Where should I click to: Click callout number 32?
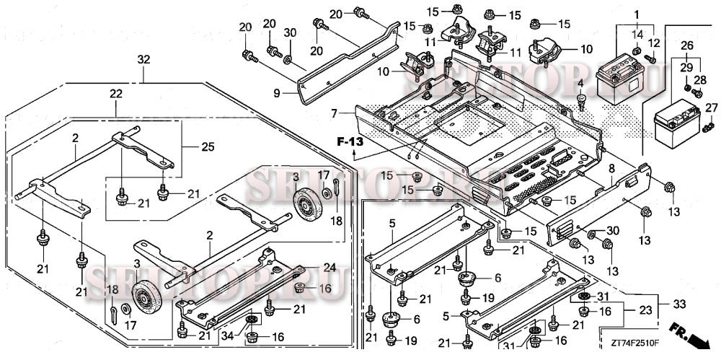pyautogui.click(x=143, y=59)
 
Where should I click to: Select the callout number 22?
pyautogui.click(x=116, y=95)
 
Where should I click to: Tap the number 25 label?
pyautogui.click(x=208, y=146)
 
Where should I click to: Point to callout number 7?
pyautogui.click(x=334, y=113)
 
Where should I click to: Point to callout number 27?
pyautogui.click(x=711, y=108)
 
